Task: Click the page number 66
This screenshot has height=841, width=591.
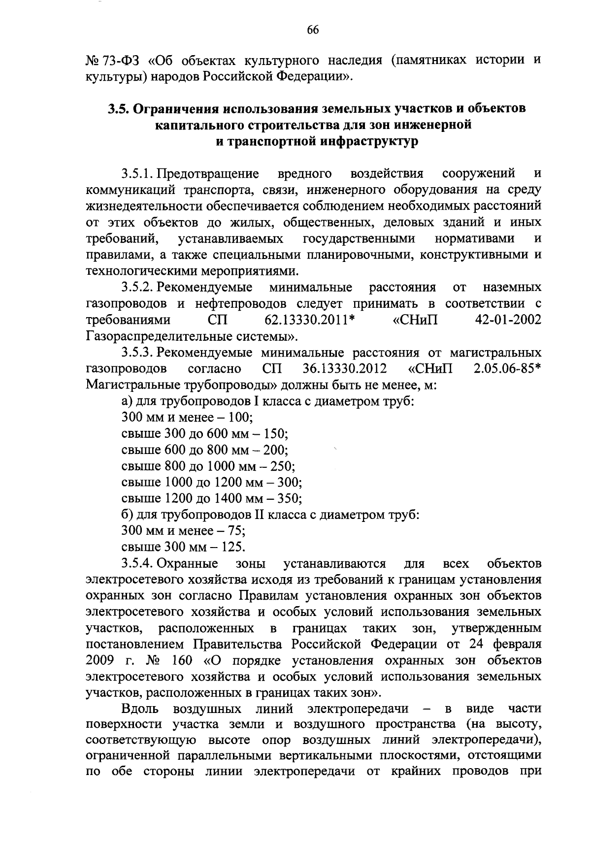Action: pos(313,30)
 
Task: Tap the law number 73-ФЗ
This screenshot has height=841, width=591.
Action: pos(119,61)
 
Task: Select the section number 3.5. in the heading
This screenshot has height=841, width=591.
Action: pos(118,109)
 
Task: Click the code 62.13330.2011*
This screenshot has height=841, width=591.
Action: pos(310,320)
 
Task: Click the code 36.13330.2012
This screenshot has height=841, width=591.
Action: pos(343,369)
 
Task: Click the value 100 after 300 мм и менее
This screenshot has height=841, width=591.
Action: pos(241,418)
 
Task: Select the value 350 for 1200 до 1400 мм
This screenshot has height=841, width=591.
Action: pos(289,499)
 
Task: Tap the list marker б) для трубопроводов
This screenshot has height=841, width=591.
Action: pos(127,515)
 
